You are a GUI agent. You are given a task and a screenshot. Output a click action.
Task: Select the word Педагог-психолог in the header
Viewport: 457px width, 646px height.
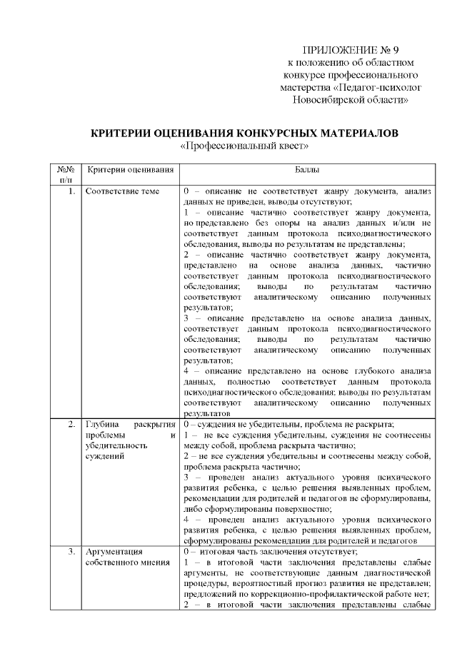coord(376,87)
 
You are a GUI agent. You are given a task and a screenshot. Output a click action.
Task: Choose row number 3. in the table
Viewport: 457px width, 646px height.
coord(70,551)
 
